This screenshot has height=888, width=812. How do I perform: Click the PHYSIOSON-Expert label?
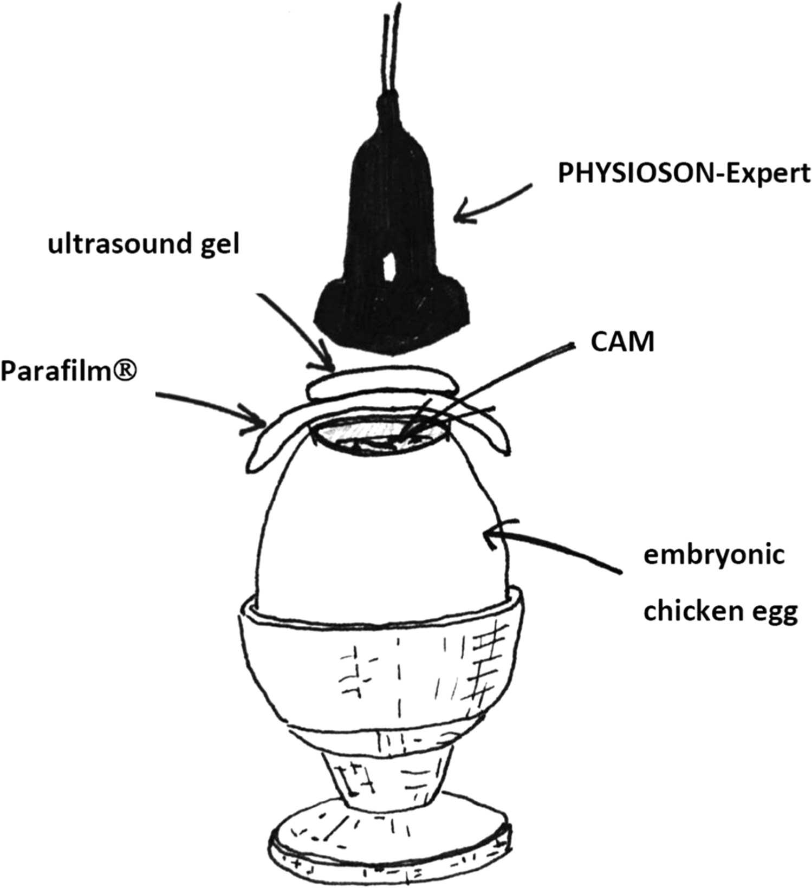684,174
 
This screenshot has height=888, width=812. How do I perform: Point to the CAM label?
622,342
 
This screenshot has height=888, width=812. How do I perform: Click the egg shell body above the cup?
379,531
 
